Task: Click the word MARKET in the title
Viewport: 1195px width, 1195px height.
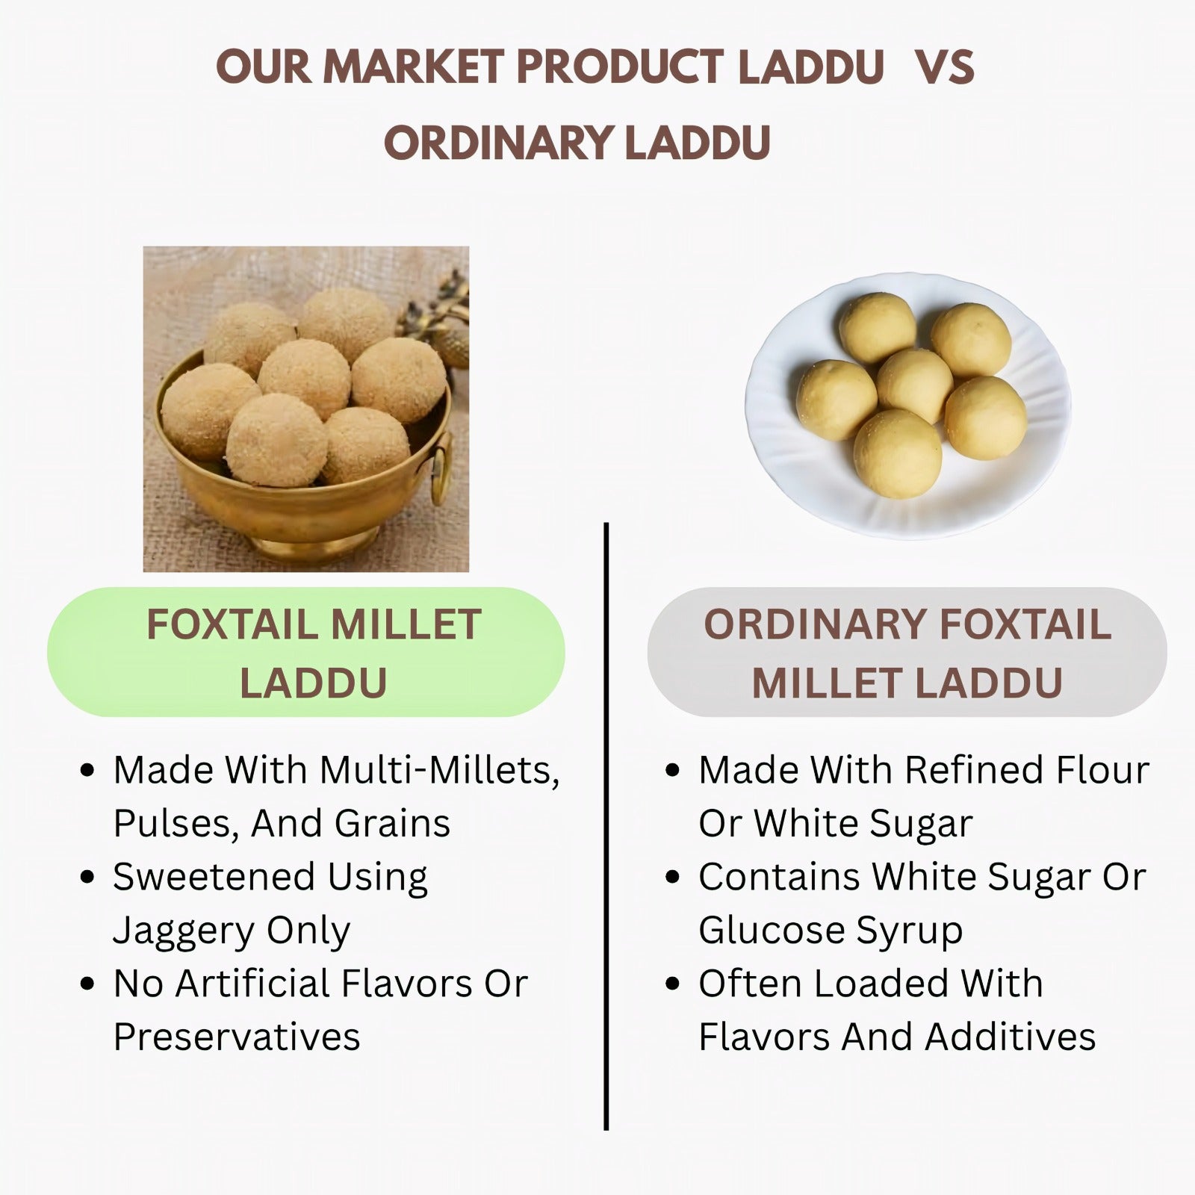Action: tap(414, 67)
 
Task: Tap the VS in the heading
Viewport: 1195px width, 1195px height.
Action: tap(945, 67)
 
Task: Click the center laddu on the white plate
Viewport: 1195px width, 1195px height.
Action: tap(914, 385)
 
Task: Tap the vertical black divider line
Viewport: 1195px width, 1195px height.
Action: tap(606, 826)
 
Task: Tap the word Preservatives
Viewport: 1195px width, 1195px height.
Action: tap(237, 1037)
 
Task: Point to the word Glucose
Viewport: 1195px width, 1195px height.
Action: tap(772, 930)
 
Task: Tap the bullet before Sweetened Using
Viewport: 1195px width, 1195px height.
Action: tap(87, 877)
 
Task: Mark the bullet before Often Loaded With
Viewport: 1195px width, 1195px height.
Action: tap(672, 984)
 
